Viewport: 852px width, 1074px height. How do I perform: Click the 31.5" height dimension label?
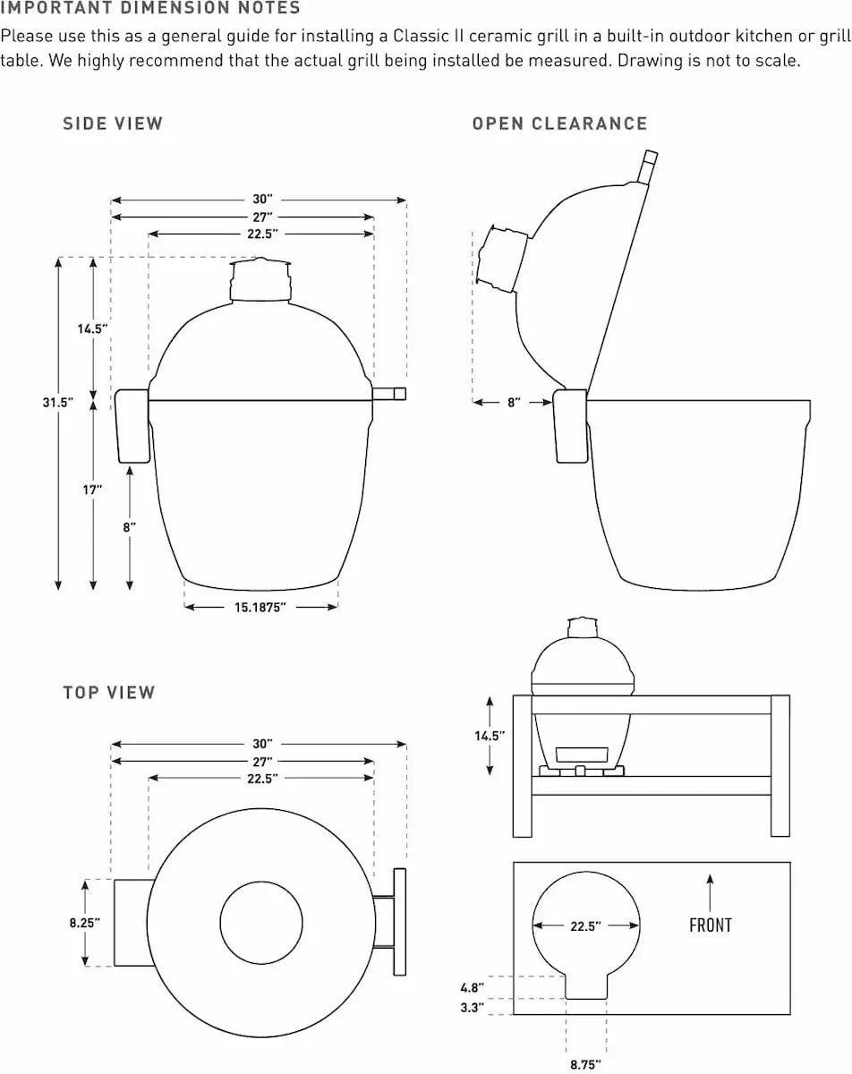pyautogui.click(x=57, y=403)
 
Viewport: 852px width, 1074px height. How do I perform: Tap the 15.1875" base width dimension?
pyautogui.click(x=260, y=608)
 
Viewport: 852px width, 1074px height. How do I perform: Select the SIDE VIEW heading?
pyautogui.click(x=113, y=124)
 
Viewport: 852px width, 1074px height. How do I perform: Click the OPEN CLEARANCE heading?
pyautogui.click(x=559, y=124)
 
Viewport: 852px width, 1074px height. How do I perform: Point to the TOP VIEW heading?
pyautogui.click(x=109, y=692)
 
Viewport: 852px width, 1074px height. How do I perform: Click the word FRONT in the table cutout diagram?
pyautogui.click(x=710, y=925)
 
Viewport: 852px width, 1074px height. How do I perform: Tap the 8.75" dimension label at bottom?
pyautogui.click(x=585, y=1064)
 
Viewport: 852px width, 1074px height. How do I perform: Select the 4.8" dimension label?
pyautogui.click(x=473, y=987)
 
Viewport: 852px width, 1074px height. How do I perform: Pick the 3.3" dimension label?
pyautogui.click(x=473, y=1008)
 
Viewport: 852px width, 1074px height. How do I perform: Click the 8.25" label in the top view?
pyautogui.click(x=85, y=922)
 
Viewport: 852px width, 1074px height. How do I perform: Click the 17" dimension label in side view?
pyautogui.click(x=93, y=490)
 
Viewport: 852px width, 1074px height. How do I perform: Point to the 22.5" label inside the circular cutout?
pyautogui.click(x=585, y=926)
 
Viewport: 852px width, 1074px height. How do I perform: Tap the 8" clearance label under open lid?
pyautogui.click(x=514, y=403)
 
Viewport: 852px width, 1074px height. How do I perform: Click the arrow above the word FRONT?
pyautogui.click(x=710, y=893)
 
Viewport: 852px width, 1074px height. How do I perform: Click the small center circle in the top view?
pyautogui.click(x=260, y=923)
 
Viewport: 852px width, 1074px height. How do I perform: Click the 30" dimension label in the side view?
pyautogui.click(x=260, y=200)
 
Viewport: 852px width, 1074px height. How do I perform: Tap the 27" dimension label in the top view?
pyautogui.click(x=260, y=761)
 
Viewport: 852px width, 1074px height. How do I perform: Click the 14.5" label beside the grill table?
pyautogui.click(x=490, y=736)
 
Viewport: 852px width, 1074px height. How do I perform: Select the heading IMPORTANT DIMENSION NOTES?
pyautogui.click(x=150, y=9)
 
